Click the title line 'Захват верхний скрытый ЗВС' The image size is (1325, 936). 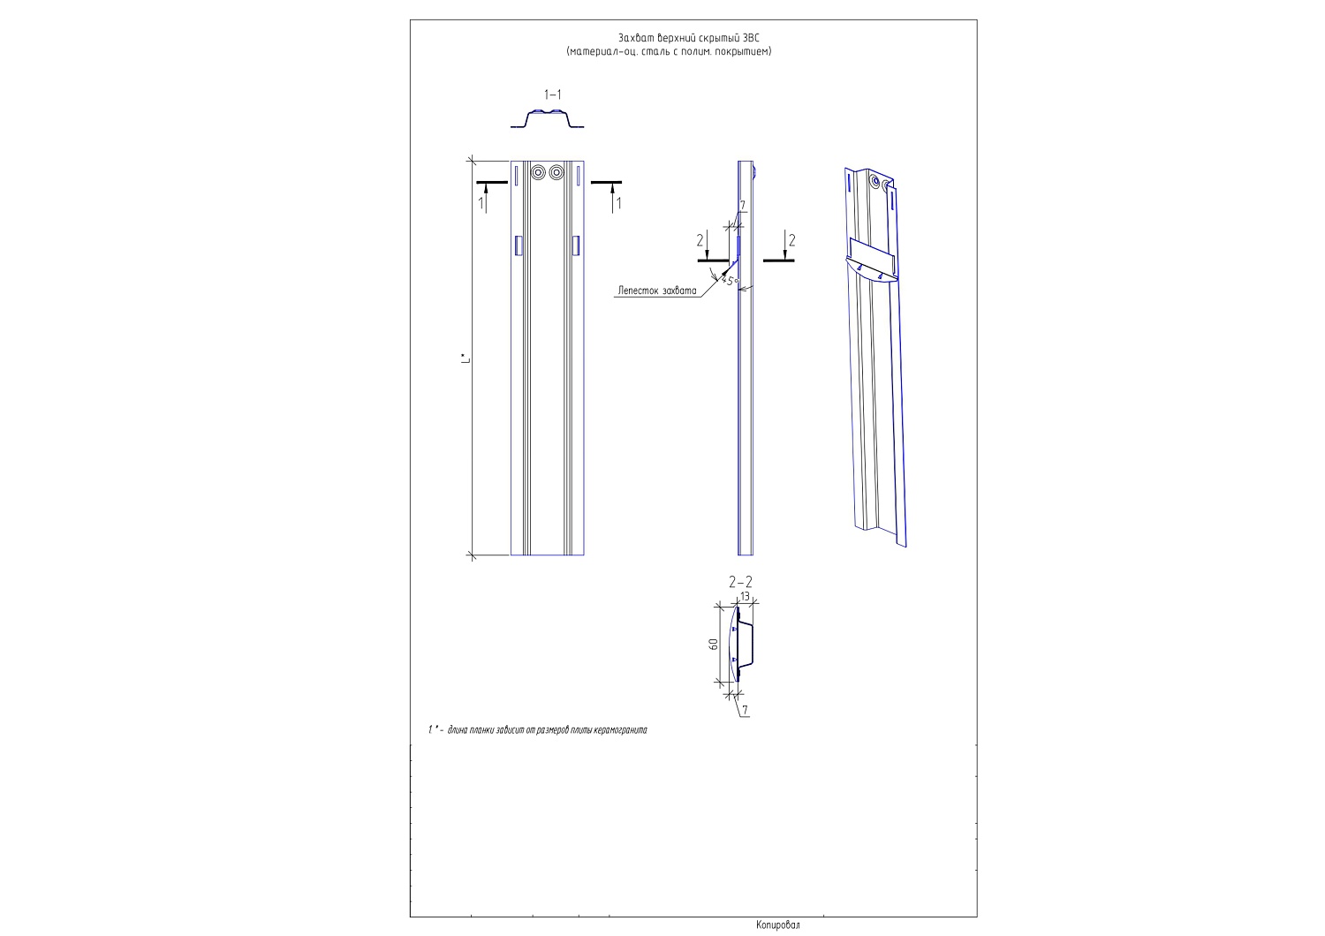click(688, 38)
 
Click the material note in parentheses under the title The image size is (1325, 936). click(669, 51)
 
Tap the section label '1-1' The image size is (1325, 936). click(552, 94)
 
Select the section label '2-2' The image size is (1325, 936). click(740, 583)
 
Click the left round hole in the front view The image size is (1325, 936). click(538, 173)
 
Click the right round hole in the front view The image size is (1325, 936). click(556, 173)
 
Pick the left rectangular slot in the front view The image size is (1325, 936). click(519, 245)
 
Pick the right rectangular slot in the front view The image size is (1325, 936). click(576, 245)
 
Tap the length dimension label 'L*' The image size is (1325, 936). click(466, 359)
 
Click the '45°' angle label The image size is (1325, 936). click(731, 280)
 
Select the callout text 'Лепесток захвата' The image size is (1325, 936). click(657, 291)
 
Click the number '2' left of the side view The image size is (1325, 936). click(700, 240)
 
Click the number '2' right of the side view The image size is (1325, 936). click(792, 240)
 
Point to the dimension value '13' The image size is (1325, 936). click(745, 597)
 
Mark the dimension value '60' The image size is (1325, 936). click(714, 645)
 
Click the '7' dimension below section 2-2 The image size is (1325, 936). click(745, 710)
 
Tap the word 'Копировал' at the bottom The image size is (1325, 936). click(778, 925)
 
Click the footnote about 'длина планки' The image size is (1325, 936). click(538, 730)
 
